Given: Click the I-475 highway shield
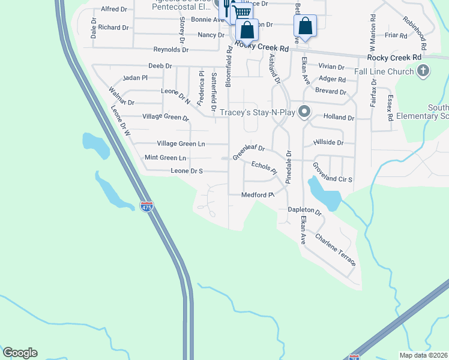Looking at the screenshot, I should pos(146,207).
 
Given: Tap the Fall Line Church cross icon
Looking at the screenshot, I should pos(423,71).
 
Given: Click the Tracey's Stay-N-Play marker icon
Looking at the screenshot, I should pos(305,112).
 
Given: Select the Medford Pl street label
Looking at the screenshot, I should pos(258,194).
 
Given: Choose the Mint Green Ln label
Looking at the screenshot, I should pos(166,158).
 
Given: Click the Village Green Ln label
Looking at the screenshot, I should pos(181,143).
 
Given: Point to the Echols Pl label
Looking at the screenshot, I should pos(264,167).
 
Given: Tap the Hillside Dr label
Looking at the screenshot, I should pos(328,143).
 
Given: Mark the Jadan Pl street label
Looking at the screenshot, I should pos(134,78).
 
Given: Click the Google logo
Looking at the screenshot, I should pos(20,353).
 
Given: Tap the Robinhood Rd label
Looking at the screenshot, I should pos(415,33).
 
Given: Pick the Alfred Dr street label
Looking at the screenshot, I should pos(114,9).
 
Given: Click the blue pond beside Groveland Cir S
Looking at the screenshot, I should pos(324,193).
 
